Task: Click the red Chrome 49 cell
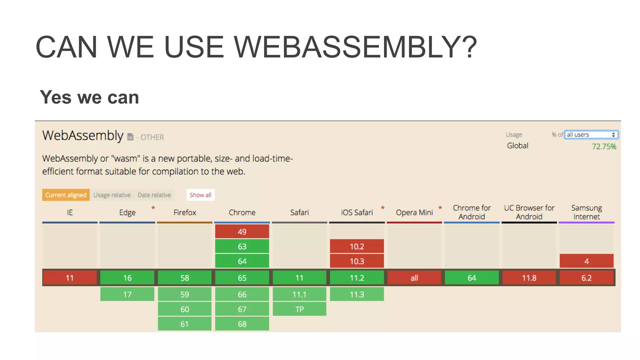(242, 232)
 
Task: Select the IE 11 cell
(70, 278)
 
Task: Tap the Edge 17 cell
(127, 294)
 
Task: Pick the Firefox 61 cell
(184, 324)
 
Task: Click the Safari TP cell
(299, 309)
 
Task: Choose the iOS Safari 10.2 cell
(357, 246)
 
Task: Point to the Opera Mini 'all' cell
(414, 278)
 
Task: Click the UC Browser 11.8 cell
(529, 278)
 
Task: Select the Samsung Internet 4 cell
(586, 261)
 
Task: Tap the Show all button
(200, 195)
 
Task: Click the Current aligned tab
(66, 195)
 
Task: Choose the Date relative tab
(154, 195)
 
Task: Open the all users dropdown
(591, 135)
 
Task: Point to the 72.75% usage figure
(604, 147)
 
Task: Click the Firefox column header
(184, 212)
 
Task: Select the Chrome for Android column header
(471, 212)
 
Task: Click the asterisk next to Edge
(153, 208)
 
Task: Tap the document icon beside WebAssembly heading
(130, 137)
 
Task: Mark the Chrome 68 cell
(242, 324)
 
